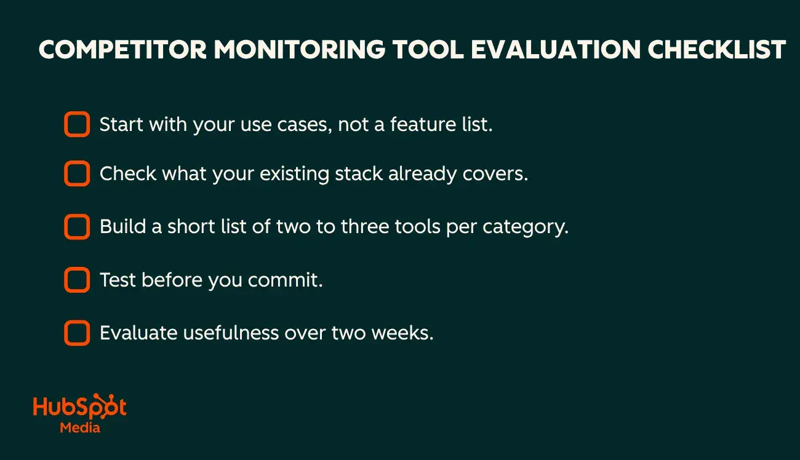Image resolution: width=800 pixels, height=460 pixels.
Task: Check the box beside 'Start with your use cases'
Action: point(77,124)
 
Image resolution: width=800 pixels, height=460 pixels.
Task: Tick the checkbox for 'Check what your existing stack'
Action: point(77,174)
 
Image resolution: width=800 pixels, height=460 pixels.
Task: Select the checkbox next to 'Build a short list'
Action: point(77,227)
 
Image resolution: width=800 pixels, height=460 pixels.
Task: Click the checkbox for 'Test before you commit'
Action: point(77,280)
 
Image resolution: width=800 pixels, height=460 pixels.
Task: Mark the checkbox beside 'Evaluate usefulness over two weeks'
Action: point(77,333)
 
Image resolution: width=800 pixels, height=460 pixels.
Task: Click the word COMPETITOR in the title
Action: point(121,50)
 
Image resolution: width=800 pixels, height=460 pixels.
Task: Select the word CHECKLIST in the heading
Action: point(716,50)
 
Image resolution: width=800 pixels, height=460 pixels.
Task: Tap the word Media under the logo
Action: point(80,427)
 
